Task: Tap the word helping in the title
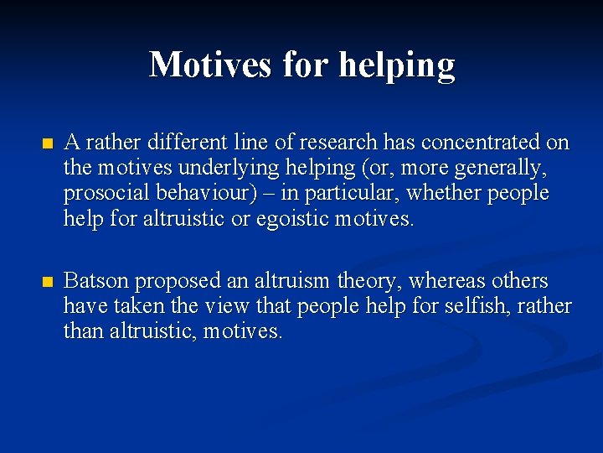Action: point(397,65)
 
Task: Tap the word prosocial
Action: point(103,194)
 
